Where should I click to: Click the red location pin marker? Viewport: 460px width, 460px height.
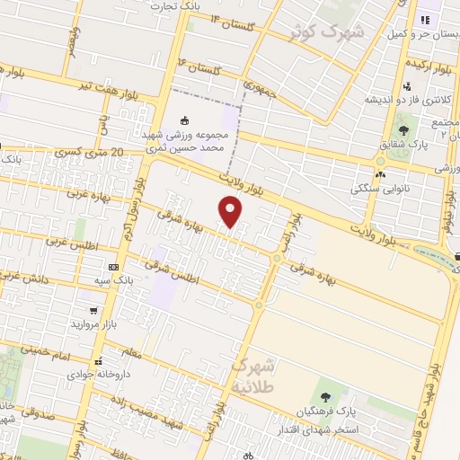tap(231, 212)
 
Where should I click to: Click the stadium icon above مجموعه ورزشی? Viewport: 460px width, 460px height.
tap(186, 120)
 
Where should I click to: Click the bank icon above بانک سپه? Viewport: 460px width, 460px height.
tap(113, 267)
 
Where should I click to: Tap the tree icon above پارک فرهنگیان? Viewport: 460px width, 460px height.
tap(325, 396)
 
